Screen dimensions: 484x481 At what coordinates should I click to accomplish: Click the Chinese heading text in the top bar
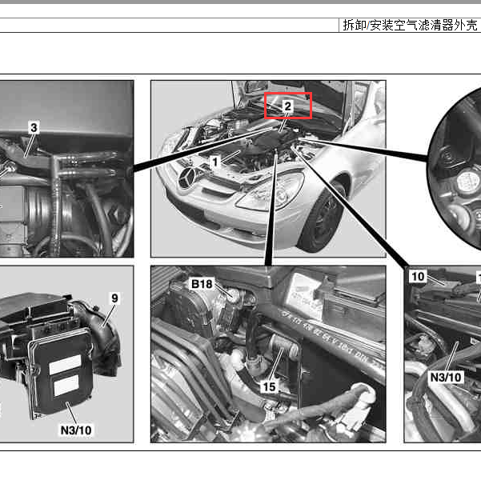pyautogui.click(x=410, y=25)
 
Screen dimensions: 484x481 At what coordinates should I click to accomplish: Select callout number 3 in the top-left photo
pyautogui.click(x=34, y=127)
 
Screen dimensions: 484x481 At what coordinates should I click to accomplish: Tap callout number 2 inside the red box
pyautogui.click(x=288, y=105)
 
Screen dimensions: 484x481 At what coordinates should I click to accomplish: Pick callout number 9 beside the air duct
pyautogui.click(x=114, y=298)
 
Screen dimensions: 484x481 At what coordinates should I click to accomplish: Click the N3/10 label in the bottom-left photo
pyautogui.click(x=76, y=430)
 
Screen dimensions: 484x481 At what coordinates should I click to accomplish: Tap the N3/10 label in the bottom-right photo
pyautogui.click(x=446, y=376)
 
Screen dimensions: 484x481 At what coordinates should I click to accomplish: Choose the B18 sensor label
pyautogui.click(x=202, y=284)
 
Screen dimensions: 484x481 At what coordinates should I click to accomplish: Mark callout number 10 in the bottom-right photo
pyautogui.click(x=418, y=277)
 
